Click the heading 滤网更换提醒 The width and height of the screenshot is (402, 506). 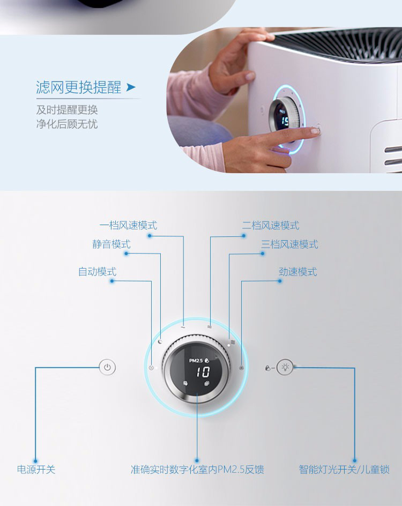pos(78,87)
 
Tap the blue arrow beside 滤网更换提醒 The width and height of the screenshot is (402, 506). pos(131,87)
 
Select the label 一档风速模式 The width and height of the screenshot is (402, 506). pos(129,225)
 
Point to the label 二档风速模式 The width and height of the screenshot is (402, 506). pos(271,225)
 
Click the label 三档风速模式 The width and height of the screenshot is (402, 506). pos(289,244)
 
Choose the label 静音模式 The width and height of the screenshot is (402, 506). pos(111,244)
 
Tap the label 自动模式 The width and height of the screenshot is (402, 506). pos(97,272)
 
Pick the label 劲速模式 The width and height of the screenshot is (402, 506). pos(298,272)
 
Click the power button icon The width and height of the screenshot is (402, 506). pos(107,367)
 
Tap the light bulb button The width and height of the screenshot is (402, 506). pos(285,367)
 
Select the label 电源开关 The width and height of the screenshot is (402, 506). pos(36,469)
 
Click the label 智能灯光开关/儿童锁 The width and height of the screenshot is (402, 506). pos(344,469)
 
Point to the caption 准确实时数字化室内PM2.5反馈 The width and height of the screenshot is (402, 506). pos(197,469)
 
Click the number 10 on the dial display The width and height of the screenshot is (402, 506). pos(203,372)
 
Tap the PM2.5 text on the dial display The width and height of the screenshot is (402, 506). pos(196,360)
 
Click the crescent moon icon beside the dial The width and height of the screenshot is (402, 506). pos(160,341)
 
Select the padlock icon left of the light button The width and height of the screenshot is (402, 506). pos(267,368)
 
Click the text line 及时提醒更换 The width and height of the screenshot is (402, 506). pos(67,110)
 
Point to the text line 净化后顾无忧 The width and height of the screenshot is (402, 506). pos(67,124)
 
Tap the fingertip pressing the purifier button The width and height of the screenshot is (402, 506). pos(315,131)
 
